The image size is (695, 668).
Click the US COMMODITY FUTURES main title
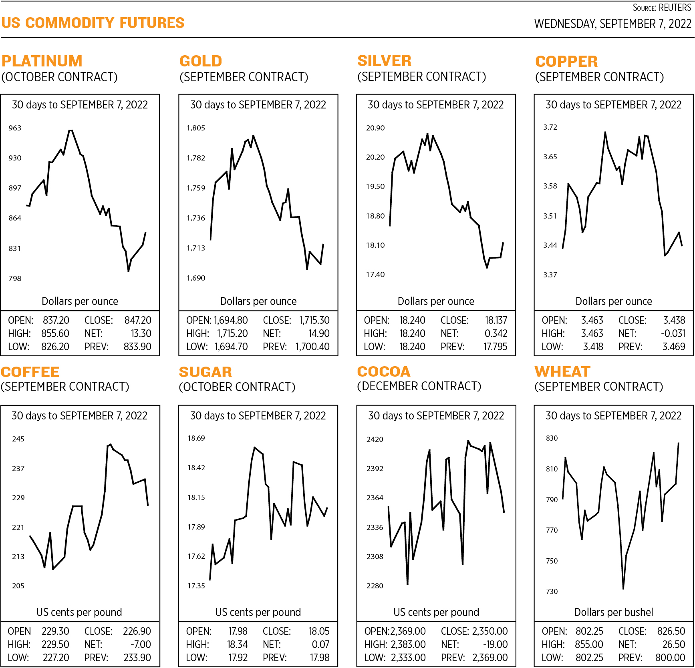pos(93,23)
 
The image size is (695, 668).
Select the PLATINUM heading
pos(42,61)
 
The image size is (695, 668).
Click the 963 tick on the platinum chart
pos(15,128)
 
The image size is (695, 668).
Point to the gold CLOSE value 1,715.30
pos(314,320)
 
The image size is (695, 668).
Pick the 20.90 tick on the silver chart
pos(375,128)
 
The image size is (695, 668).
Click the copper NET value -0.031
pos(673,333)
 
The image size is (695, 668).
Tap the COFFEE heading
pos(30,372)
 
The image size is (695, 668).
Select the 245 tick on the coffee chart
pos(18,439)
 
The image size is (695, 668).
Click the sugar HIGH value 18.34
pos(238,644)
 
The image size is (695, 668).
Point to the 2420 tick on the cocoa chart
pos(375,439)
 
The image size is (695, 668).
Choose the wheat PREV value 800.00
pos(670,658)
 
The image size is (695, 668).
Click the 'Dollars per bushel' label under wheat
pos(614,612)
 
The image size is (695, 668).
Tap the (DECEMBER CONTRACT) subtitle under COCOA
pos(419,386)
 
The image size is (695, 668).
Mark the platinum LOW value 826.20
pos(55,347)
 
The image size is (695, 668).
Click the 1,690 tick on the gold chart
pos(196,278)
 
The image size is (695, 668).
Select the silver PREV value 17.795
pos(495,347)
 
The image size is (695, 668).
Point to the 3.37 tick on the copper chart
pos(550,275)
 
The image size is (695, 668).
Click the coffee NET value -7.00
pos(141,644)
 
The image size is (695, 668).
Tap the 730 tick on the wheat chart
pos(552,592)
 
